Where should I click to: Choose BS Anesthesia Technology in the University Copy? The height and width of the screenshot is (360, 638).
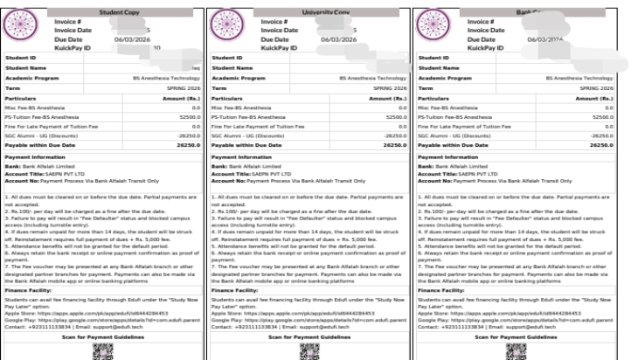[373, 78]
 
